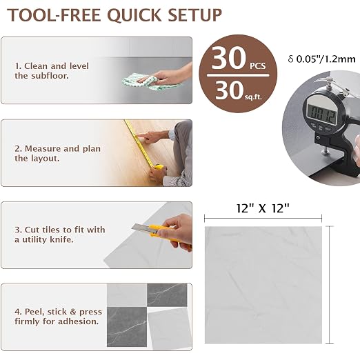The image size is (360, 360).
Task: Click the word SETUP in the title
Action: pos(194,15)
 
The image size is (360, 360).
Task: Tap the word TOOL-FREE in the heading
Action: pos(54,15)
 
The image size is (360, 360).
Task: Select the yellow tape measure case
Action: pos(159,167)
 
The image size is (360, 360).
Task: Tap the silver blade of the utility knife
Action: pos(141,227)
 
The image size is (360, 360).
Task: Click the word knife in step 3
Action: pos(61,239)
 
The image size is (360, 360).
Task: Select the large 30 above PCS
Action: pos(229,58)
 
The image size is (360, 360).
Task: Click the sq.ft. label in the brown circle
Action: pos(253,97)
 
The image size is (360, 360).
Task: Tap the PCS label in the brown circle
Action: pos(258,66)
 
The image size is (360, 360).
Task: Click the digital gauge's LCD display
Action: pos(322,114)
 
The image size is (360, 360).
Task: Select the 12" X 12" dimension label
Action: pos(263,208)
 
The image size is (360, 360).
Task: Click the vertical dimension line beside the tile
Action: pos(330,285)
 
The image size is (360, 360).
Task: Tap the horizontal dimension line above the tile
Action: pos(263,218)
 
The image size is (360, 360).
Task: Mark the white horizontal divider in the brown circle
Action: pos(238,75)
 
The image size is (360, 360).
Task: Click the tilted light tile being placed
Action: pos(170,329)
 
